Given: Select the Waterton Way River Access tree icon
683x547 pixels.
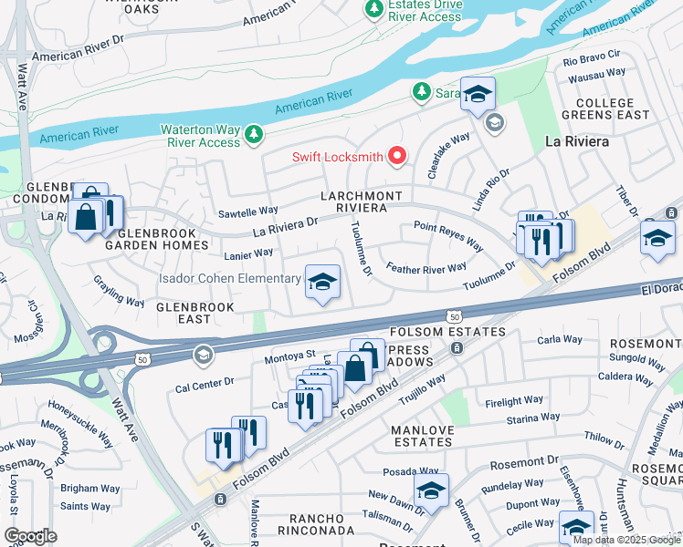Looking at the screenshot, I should [253, 135].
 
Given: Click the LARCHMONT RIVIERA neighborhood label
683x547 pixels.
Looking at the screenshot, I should [361, 202].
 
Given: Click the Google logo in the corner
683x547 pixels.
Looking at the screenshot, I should [30, 536].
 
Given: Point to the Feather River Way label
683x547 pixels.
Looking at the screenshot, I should [426, 268].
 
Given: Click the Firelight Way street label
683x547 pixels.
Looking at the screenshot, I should [515, 401].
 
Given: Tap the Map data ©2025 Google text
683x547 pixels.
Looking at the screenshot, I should [626, 540].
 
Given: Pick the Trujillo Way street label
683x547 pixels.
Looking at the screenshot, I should [421, 387].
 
